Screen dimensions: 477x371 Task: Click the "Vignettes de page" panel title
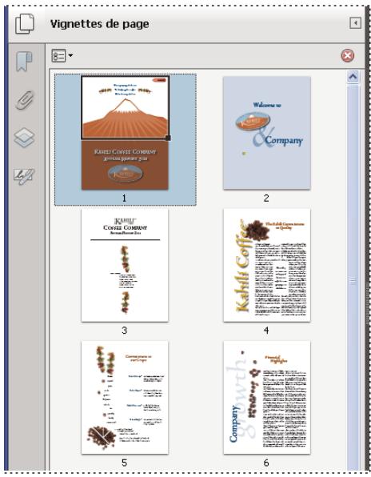(x=99, y=24)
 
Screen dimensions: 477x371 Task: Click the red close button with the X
(x=347, y=56)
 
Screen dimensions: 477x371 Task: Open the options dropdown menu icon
(x=62, y=56)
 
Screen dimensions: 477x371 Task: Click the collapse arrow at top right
(x=355, y=23)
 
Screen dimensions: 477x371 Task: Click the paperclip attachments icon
(x=24, y=101)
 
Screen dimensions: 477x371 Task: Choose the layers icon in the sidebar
(x=24, y=138)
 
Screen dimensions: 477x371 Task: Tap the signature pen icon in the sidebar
(x=24, y=176)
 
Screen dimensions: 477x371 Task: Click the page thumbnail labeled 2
(x=266, y=133)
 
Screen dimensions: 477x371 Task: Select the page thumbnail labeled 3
(x=125, y=265)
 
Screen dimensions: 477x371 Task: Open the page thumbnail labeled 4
(x=266, y=265)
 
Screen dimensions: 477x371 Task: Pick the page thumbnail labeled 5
(x=125, y=398)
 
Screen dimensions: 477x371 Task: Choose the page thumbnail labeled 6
(x=266, y=398)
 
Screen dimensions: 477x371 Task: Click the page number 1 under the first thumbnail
(x=125, y=197)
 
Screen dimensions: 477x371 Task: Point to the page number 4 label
(x=266, y=330)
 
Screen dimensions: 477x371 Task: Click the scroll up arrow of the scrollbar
(x=352, y=78)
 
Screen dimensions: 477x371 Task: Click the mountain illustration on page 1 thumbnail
(x=124, y=120)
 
